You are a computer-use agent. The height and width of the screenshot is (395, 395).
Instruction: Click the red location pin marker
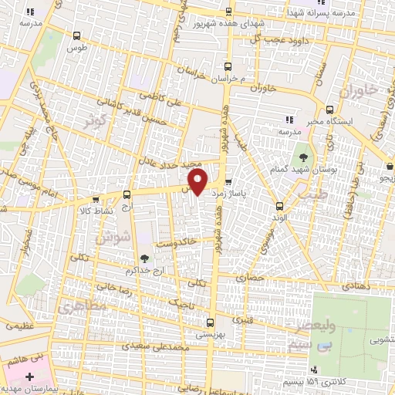pyautogui.click(x=199, y=181)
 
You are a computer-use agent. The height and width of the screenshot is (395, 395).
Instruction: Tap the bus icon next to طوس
pyautogui.click(x=76, y=35)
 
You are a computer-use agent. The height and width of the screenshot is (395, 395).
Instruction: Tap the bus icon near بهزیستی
pyautogui.click(x=210, y=322)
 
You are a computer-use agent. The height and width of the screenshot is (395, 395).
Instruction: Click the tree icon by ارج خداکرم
pyautogui.click(x=144, y=258)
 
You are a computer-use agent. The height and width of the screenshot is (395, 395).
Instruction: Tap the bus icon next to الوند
pyautogui.click(x=279, y=205)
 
